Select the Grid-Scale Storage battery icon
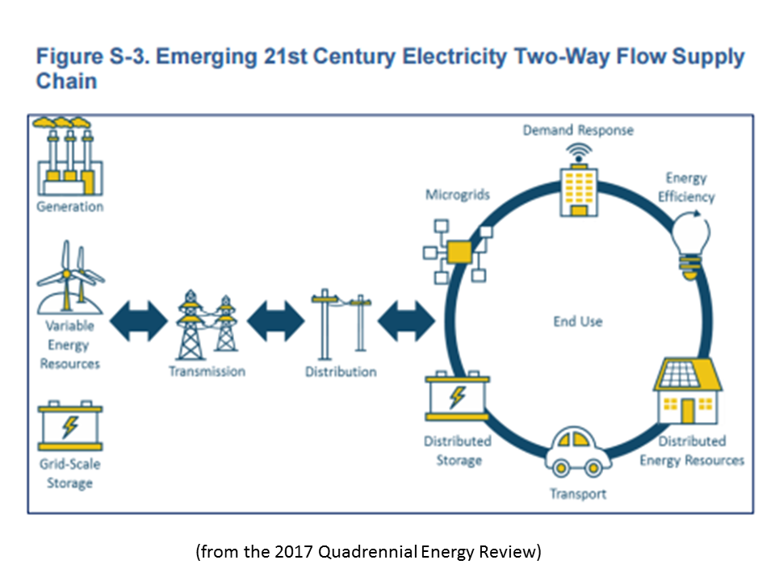pos(70,427)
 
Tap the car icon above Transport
pos(576,452)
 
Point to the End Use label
pos(577,321)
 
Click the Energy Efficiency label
pos(686,187)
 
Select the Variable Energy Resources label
pos(70,345)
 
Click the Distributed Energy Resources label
pos(692,451)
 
